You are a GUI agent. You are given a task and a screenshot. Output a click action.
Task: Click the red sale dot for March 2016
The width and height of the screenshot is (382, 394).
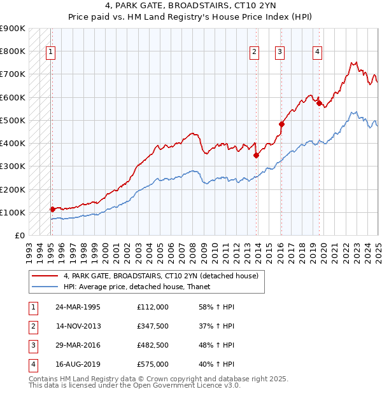coord(281,124)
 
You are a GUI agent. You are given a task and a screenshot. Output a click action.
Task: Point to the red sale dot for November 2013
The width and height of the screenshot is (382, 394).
coord(256,155)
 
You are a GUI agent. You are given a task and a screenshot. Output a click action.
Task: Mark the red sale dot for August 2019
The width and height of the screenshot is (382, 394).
coord(319,103)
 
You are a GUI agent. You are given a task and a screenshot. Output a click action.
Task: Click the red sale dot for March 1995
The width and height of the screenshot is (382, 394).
coord(52,209)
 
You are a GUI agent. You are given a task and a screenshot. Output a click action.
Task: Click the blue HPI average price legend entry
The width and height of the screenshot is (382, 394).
coord(141,287)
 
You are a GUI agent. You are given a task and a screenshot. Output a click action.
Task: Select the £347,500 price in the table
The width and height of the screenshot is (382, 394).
coord(152,326)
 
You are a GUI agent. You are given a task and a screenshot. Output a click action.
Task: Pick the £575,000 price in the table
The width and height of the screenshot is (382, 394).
coord(152,364)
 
